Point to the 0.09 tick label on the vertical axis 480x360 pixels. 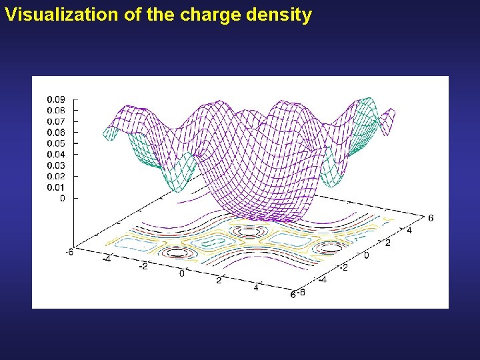55,99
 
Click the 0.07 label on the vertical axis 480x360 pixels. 55,121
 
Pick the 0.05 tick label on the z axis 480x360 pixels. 55,143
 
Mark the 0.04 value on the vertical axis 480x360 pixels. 55,154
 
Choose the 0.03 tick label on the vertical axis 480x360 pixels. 55,165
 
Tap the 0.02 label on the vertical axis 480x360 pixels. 55,176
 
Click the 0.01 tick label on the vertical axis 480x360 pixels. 55,187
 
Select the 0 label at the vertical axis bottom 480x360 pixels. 63,198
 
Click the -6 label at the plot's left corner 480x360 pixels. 69,251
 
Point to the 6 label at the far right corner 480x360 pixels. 431,218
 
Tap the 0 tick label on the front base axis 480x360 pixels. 183,273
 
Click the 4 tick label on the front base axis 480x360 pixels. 256,287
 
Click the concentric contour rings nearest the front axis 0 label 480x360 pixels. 177,253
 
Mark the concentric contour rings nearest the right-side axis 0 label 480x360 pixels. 330,247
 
